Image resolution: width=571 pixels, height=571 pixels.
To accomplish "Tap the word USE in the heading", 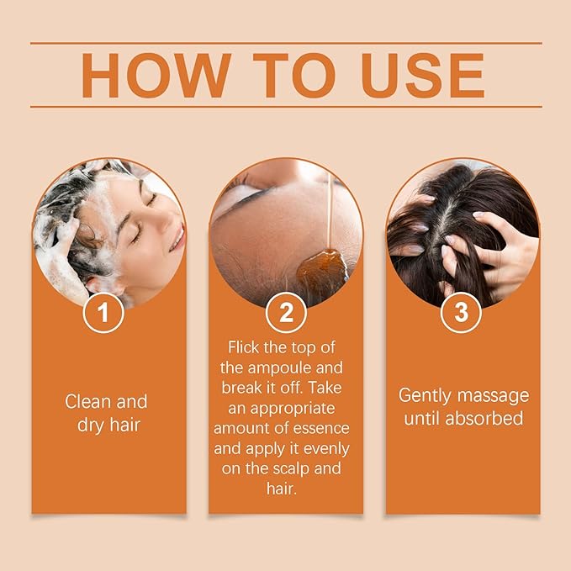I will click(x=422, y=76).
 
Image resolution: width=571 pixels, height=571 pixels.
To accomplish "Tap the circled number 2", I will click(x=285, y=314).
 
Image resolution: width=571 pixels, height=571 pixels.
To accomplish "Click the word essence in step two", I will click(x=325, y=428).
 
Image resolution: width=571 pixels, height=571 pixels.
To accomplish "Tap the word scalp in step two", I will click(x=288, y=468).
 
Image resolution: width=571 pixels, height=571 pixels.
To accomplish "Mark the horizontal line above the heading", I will click(x=285, y=42).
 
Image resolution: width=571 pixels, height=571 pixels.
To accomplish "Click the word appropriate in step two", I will click(x=298, y=408).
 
